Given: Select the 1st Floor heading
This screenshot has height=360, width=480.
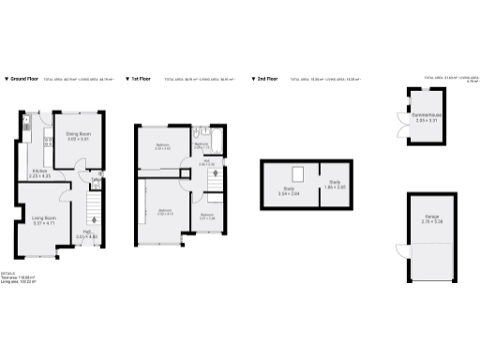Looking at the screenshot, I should (142, 80).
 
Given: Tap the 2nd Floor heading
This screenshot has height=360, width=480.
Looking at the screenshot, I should (266, 80).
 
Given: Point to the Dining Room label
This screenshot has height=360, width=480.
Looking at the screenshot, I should (77, 137).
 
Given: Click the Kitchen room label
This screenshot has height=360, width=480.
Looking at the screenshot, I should (39, 172).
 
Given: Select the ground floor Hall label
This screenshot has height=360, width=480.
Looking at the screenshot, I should (85, 235).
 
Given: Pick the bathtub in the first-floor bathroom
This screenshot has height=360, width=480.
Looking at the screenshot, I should (216, 143).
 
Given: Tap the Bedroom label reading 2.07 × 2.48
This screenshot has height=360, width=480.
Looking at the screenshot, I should (207, 217).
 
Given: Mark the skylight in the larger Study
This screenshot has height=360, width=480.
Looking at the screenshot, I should (298, 173).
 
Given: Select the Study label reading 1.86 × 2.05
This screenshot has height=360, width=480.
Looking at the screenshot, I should (335, 186).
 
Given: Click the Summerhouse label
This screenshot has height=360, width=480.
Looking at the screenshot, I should (427, 119).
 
